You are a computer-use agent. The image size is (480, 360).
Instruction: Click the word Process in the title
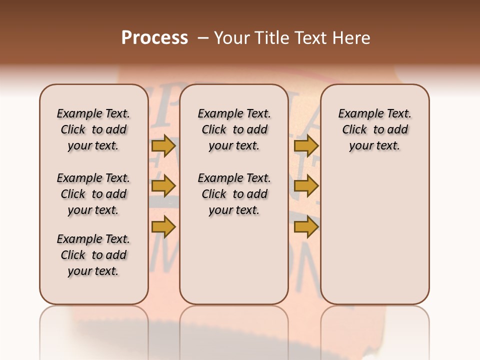point(154,38)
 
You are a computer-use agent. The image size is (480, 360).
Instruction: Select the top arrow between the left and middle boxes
point(163,145)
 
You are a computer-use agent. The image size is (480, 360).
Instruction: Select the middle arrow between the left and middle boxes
point(163,186)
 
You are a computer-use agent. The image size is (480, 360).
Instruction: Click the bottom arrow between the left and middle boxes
point(163,227)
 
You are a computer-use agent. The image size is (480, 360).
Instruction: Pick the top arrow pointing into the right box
point(306,145)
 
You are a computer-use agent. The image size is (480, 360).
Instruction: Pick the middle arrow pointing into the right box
point(306,186)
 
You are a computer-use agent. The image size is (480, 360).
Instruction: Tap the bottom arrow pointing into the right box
point(306,227)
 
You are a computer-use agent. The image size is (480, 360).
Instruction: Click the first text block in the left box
point(93,129)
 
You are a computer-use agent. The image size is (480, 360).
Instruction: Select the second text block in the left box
point(93,194)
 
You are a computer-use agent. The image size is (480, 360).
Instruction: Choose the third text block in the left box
point(93,255)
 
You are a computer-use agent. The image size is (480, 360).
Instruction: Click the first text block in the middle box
point(234,129)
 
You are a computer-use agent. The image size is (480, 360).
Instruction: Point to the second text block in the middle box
point(234,194)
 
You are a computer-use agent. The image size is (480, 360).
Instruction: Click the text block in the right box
point(374,129)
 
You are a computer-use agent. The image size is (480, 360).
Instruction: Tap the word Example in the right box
point(358,114)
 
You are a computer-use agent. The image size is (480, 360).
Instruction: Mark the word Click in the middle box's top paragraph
point(214,130)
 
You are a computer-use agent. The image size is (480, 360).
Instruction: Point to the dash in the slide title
point(203,38)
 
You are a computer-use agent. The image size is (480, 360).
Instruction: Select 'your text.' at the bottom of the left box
point(93,271)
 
